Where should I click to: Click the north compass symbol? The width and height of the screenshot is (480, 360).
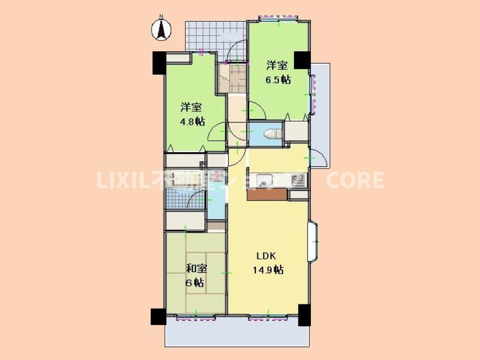(x=161, y=29)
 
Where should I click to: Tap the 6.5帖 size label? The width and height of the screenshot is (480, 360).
(x=278, y=80)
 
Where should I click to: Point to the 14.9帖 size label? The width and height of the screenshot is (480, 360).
(x=267, y=269)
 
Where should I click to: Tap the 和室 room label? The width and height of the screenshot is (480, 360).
(x=196, y=268)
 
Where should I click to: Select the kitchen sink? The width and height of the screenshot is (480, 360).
(x=264, y=179)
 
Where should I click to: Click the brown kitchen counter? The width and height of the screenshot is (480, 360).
(x=266, y=195)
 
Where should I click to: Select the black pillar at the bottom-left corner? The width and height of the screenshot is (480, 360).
(x=158, y=316)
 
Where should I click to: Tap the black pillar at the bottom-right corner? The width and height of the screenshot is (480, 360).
(x=304, y=315)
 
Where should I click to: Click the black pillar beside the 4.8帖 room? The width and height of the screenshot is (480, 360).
(x=159, y=63)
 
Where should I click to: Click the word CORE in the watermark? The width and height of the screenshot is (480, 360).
(x=355, y=180)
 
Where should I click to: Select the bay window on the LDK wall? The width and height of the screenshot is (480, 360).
(x=314, y=241)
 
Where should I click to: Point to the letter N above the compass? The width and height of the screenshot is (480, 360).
(x=161, y=16)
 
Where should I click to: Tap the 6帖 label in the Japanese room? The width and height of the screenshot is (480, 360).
(x=194, y=283)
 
